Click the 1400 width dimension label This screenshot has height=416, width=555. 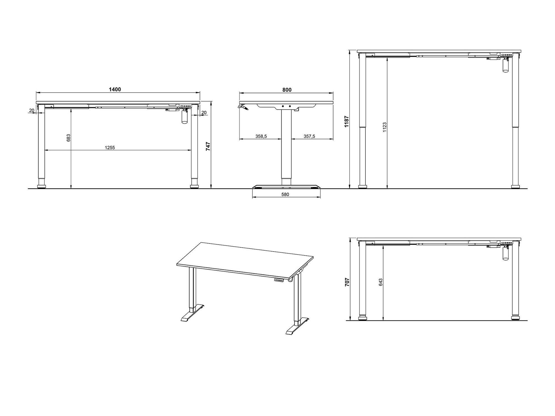click(x=115, y=89)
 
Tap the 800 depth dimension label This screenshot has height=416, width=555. click(x=287, y=90)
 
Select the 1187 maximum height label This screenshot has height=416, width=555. click(x=346, y=121)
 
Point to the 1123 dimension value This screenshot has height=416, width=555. click(x=384, y=127)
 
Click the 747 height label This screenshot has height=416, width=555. click(x=208, y=146)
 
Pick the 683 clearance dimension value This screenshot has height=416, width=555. click(x=69, y=138)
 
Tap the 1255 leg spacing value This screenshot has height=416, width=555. click(x=110, y=148)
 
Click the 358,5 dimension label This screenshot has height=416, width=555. click(x=261, y=136)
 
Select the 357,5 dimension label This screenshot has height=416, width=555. click(x=309, y=136)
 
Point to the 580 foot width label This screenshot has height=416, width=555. click(x=285, y=194)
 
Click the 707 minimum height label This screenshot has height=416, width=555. click(x=347, y=282)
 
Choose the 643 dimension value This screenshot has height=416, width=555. click(x=381, y=282)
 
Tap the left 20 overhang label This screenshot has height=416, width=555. click(x=32, y=110)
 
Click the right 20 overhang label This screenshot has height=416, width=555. click(x=204, y=113)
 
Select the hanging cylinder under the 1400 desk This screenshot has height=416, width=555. click(x=184, y=117)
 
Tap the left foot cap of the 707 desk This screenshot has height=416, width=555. click(x=362, y=318)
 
